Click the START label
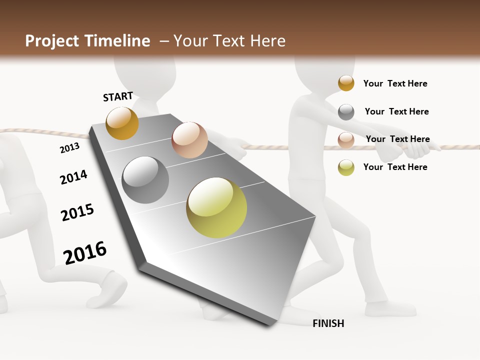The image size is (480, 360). [118, 96]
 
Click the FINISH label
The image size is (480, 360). [328, 323]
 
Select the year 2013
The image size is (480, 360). [69, 147]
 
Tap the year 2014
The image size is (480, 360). [73, 177]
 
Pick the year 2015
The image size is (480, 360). [77, 212]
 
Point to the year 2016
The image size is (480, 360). [85, 252]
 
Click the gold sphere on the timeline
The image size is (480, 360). [122, 123]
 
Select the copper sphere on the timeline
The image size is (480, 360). [189, 140]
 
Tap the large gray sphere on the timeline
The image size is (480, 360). [145, 180]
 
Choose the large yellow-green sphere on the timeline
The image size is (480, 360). [216, 207]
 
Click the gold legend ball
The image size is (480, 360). [346, 83]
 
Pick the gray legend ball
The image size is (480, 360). [346, 112]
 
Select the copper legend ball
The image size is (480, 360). [346, 140]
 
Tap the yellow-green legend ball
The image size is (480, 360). [346, 167]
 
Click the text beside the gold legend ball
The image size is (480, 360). [395, 83]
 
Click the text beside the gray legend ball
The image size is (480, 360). [396, 111]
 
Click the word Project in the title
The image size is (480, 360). [51, 41]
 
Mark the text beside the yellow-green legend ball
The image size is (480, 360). [395, 167]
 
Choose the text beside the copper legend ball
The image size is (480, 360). [397, 139]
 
